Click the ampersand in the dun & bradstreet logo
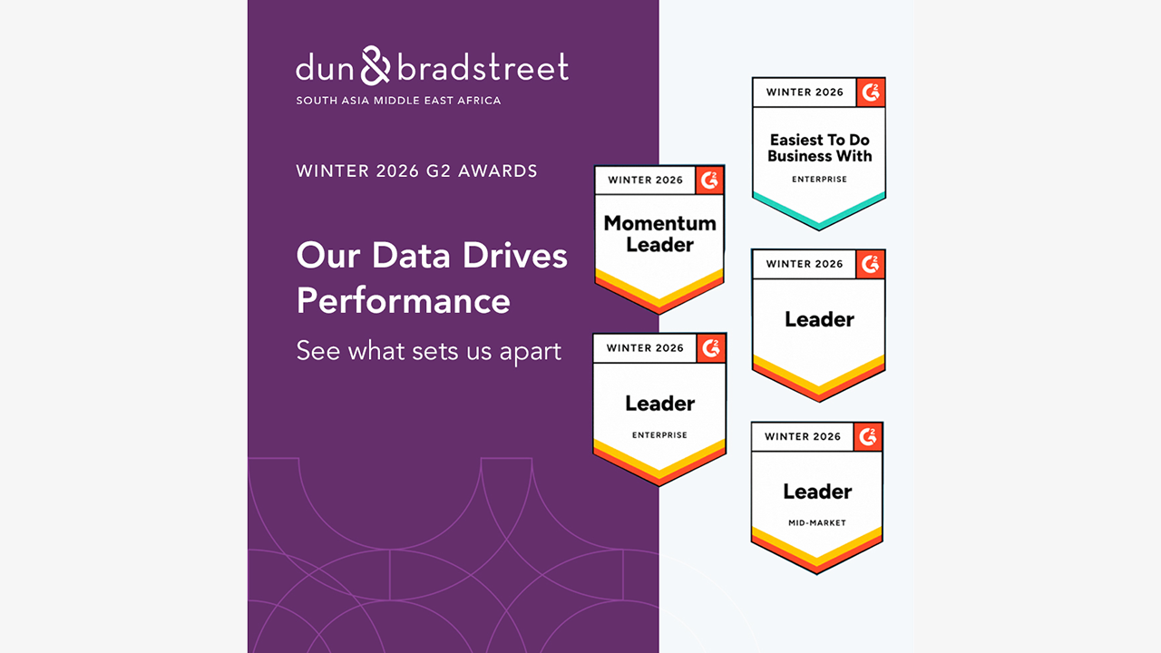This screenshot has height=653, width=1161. [376, 65]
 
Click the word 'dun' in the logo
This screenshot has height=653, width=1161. [325, 67]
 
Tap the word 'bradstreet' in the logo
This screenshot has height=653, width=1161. [483, 67]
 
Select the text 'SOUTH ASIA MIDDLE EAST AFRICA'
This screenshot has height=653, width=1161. [398, 101]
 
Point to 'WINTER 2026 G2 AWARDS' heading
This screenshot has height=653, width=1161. [416, 171]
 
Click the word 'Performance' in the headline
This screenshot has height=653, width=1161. [404, 300]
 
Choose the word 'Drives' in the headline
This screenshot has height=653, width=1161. [514, 255]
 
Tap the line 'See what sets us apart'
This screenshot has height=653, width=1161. [429, 351]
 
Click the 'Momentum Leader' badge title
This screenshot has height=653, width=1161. [659, 234]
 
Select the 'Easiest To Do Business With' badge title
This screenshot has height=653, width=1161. [819, 148]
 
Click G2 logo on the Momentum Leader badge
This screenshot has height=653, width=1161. [709, 180]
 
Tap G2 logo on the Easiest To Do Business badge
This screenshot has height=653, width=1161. [870, 93]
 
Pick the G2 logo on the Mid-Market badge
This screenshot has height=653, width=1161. [868, 436]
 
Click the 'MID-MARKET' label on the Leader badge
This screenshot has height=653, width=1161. [817, 523]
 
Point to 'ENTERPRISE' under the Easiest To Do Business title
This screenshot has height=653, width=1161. [819, 180]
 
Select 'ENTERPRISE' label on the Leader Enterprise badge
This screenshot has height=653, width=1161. [659, 435]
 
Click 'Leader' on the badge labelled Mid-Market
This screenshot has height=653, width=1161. [817, 492]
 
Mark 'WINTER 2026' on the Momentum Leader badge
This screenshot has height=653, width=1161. [645, 180]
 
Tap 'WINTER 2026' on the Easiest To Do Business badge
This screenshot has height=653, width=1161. [805, 93]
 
